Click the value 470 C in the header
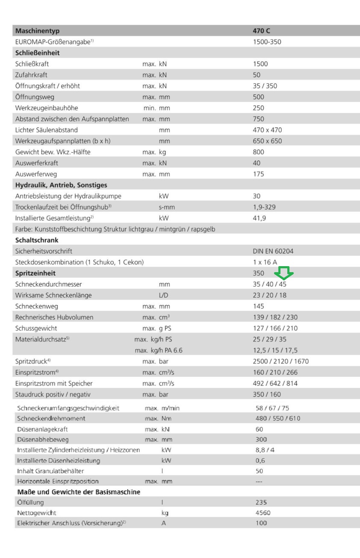tap(261, 31)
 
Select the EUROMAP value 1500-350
tap(267, 42)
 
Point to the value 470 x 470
tap(267, 130)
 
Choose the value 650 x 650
tap(267, 141)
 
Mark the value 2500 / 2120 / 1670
tap(281, 362)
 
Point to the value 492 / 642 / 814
tap(275, 383)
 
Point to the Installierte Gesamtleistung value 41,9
tap(259, 218)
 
